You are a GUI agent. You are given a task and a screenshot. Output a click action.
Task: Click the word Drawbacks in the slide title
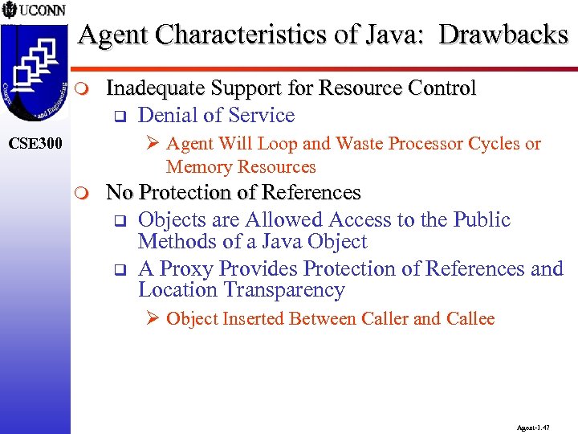[x=504, y=35]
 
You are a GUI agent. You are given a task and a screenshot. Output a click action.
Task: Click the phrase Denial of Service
[x=217, y=115]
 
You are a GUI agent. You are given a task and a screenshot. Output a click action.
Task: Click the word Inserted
[x=253, y=319]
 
